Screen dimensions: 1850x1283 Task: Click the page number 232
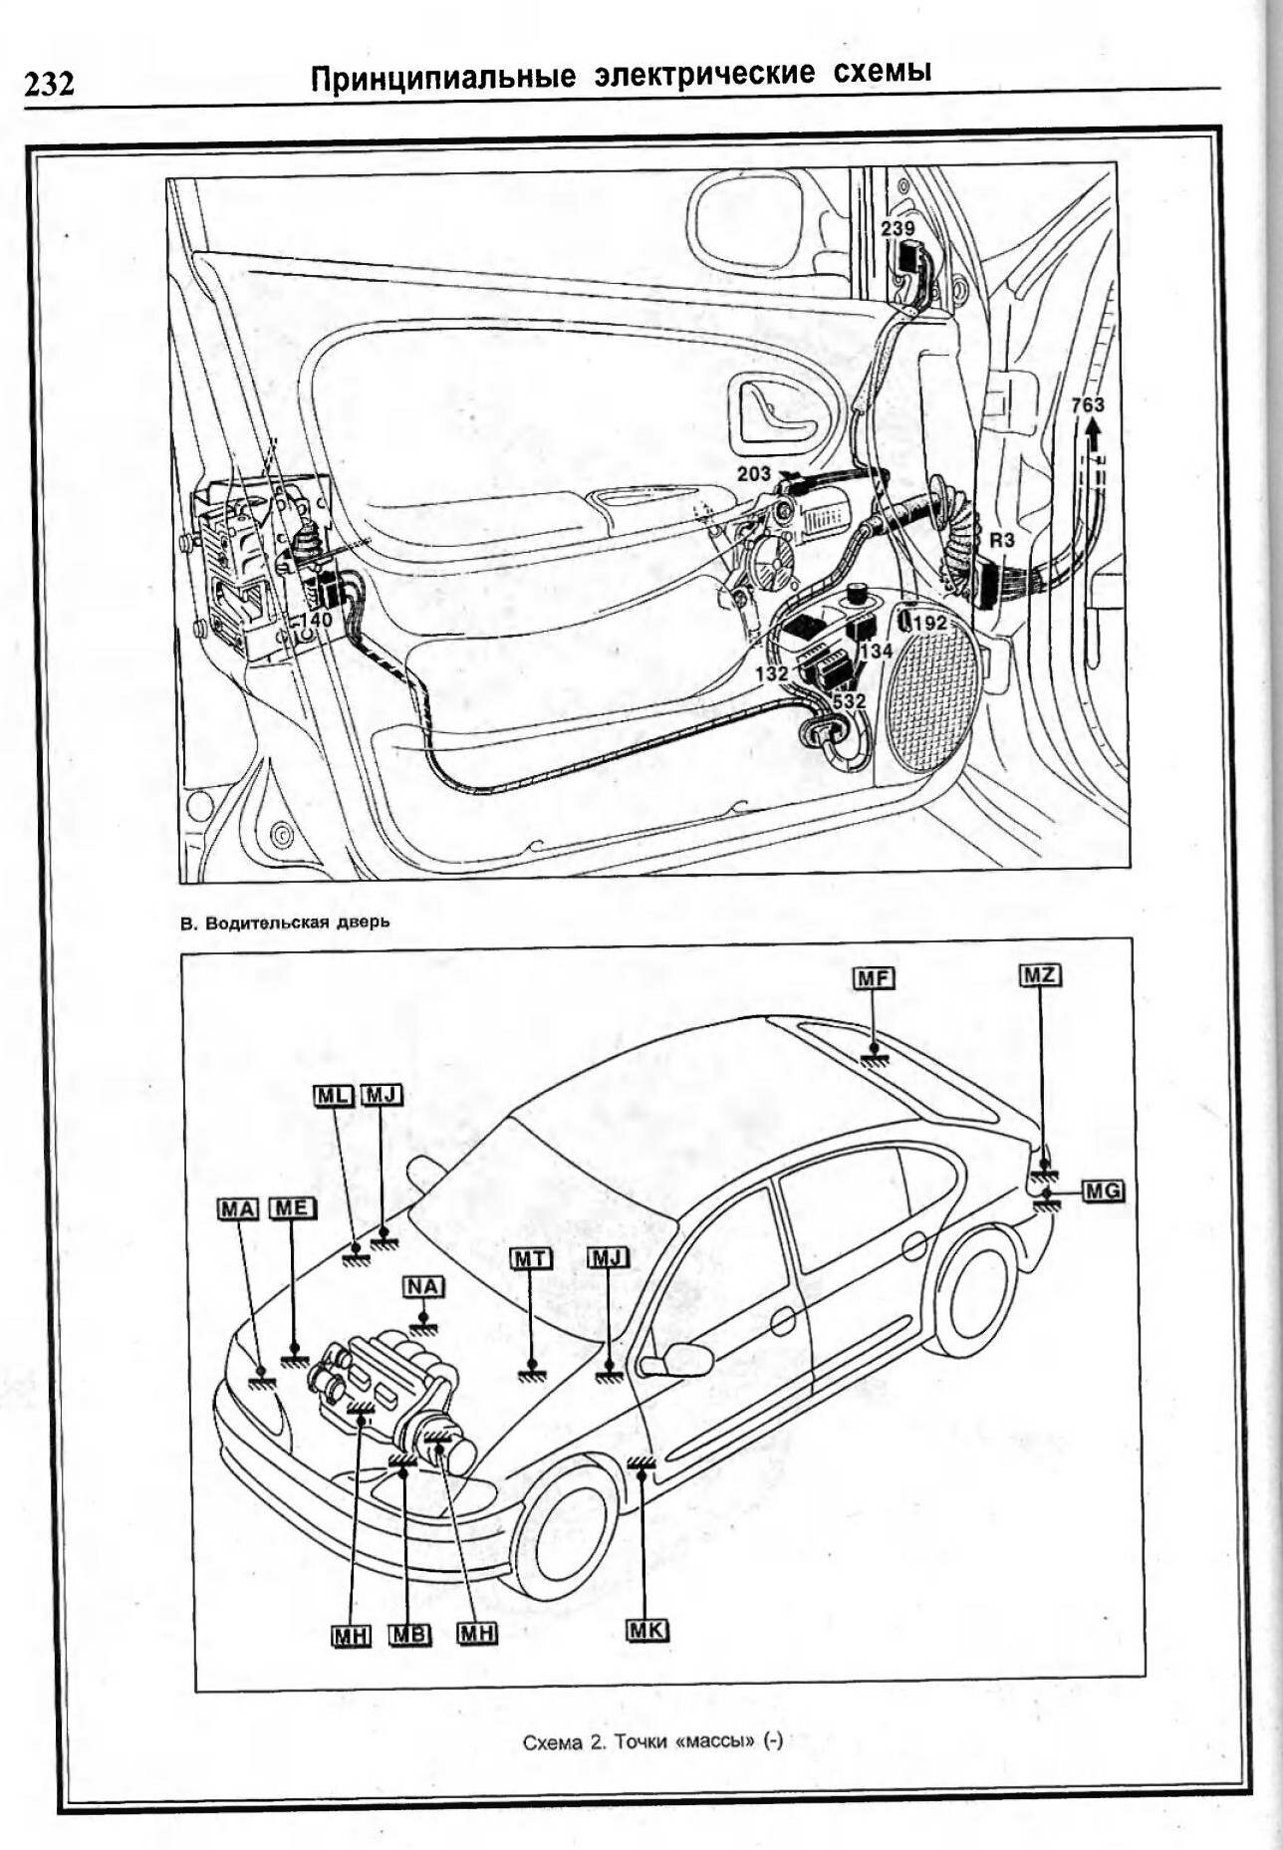tap(49, 85)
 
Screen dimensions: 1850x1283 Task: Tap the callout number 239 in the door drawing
tap(897, 229)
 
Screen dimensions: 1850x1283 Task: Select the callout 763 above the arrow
tap(1087, 404)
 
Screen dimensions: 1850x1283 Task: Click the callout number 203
tap(754, 474)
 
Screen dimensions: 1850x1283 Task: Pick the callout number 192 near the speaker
tap(929, 623)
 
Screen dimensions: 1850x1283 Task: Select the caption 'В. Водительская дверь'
tap(285, 922)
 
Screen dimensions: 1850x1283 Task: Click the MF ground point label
tap(874, 978)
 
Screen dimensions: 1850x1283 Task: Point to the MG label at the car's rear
tap(1102, 1189)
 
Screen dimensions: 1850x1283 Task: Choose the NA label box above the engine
tap(422, 1286)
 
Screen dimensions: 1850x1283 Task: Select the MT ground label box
tap(531, 1258)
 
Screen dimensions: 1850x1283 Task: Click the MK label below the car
tap(647, 1630)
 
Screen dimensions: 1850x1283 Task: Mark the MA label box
tap(238, 1208)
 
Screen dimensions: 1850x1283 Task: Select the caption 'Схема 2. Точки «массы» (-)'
tap(652, 1741)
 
